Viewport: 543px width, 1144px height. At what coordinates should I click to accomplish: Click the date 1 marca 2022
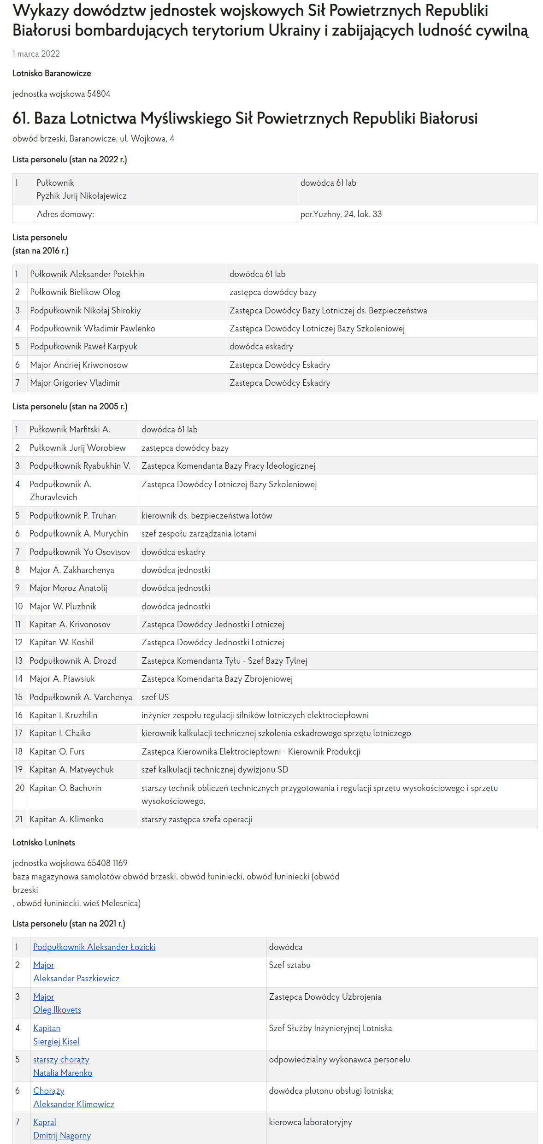click(36, 53)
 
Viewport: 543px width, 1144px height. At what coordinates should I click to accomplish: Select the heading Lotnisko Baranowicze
click(52, 73)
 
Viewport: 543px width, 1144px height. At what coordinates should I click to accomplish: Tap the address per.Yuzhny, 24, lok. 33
click(341, 214)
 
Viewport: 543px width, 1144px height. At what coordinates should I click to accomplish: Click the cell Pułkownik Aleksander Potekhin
click(87, 274)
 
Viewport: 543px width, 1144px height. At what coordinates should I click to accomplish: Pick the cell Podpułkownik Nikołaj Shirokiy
click(85, 310)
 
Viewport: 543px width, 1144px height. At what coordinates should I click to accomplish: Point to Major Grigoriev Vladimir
click(75, 383)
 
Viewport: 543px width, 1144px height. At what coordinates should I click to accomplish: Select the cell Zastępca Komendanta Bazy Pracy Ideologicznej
click(228, 466)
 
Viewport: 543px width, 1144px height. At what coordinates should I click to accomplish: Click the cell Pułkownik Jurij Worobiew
click(77, 448)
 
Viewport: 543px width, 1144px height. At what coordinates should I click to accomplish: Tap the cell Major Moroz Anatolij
click(68, 588)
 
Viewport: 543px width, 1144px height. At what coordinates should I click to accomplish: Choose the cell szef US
click(155, 697)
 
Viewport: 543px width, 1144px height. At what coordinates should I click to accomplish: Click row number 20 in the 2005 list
click(19, 788)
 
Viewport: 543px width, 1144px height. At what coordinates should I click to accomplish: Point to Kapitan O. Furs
click(57, 751)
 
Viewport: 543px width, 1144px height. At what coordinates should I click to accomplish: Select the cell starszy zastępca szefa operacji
click(197, 819)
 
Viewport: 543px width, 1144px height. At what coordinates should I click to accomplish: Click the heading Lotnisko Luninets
click(44, 843)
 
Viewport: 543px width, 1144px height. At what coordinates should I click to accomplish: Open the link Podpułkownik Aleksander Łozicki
click(94, 947)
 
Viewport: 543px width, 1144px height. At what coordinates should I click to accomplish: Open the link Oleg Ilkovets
click(57, 1009)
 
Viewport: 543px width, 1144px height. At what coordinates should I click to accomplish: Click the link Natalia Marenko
click(63, 1073)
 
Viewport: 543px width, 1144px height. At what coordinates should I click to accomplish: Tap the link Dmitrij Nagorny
click(62, 1135)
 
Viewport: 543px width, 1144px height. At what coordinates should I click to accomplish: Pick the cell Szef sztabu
click(289, 965)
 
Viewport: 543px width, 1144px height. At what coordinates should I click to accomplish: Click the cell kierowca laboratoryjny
click(310, 1122)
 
